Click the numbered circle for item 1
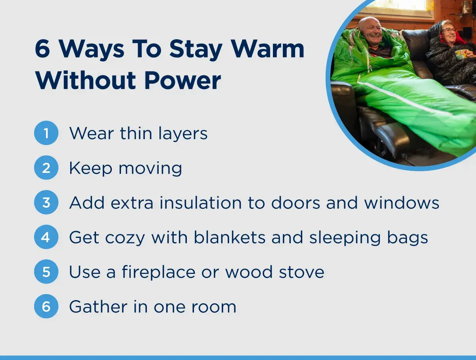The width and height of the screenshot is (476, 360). [x=46, y=133]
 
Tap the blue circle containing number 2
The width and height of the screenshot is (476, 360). [x=46, y=168]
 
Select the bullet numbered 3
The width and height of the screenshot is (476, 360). [x=46, y=202]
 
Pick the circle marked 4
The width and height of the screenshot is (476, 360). [x=46, y=237]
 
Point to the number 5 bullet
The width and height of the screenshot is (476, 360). [x=46, y=272]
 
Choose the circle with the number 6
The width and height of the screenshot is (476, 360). [x=46, y=306]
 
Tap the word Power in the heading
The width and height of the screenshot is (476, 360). [x=182, y=80]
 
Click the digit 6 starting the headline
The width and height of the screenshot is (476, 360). [x=42, y=49]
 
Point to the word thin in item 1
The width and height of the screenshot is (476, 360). [x=136, y=133]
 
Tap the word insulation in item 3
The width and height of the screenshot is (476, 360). [x=201, y=203]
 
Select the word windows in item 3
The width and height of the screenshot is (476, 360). [x=401, y=203]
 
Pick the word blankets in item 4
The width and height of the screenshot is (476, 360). [x=229, y=237]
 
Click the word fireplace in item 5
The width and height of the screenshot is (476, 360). [x=159, y=272]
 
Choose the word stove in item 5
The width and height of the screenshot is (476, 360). [x=301, y=272]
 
